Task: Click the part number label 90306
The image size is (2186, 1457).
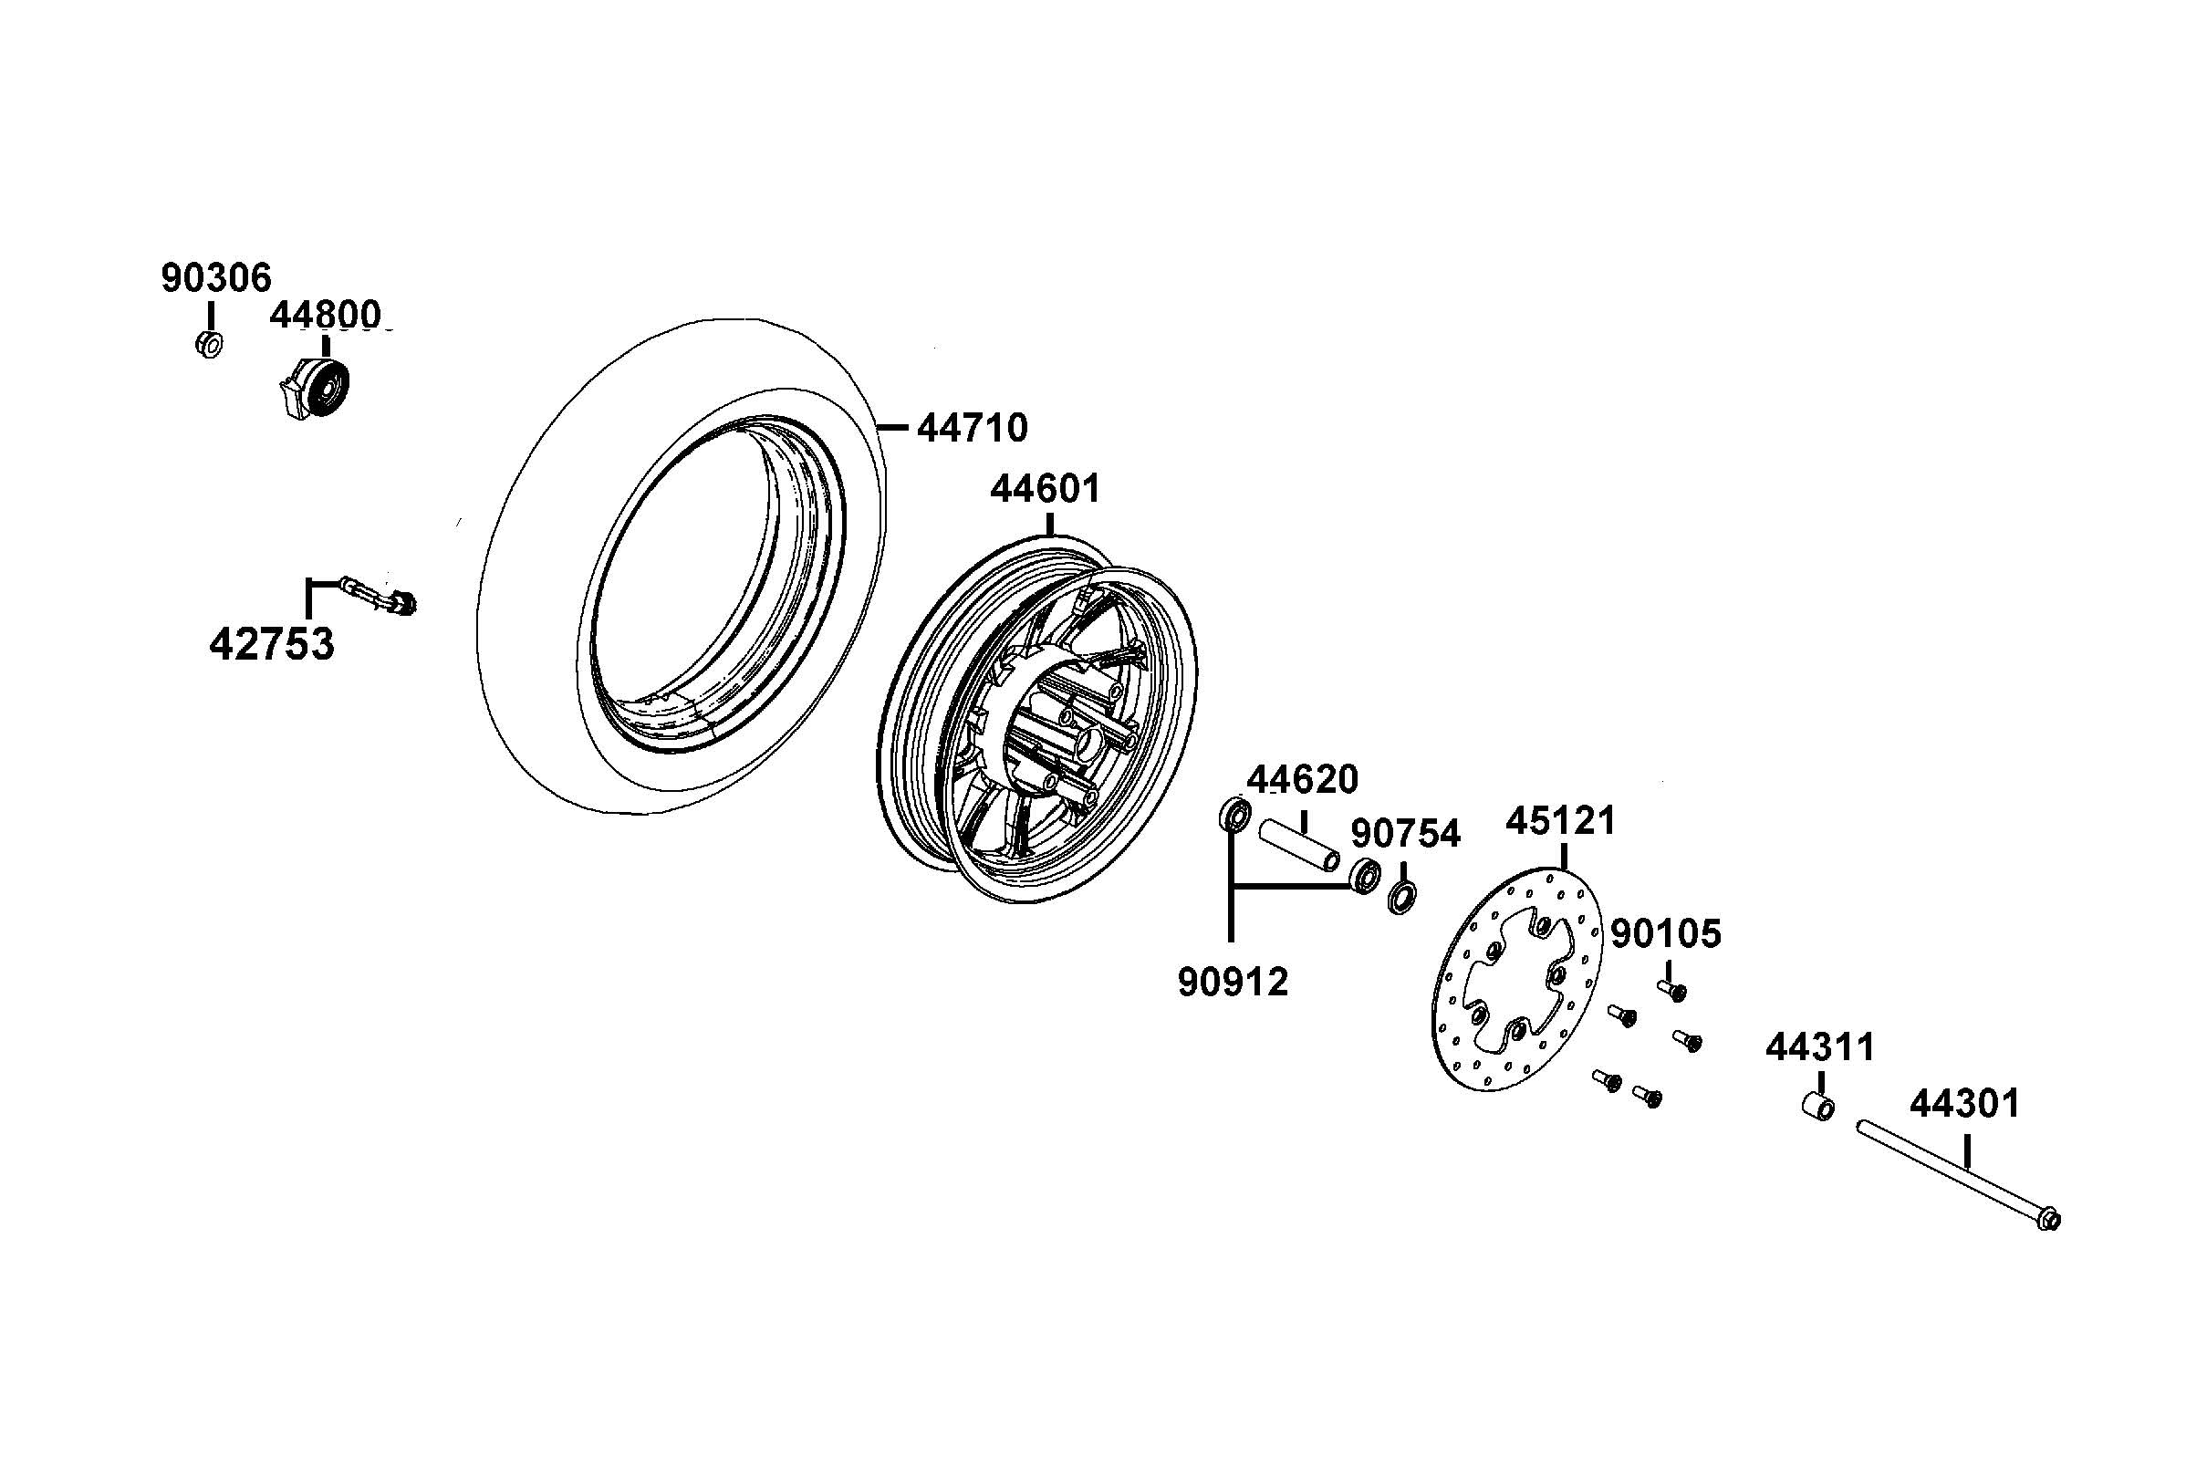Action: [216, 278]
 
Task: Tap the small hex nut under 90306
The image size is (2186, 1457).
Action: [210, 345]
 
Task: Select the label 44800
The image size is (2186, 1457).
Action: [325, 316]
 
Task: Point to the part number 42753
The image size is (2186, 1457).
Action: [271, 644]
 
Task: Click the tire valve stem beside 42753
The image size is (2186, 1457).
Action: [380, 596]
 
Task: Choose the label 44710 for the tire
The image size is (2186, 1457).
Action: [972, 429]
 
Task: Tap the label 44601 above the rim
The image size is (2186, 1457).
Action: [1045, 489]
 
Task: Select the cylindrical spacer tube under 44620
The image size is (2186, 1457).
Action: [1299, 845]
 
